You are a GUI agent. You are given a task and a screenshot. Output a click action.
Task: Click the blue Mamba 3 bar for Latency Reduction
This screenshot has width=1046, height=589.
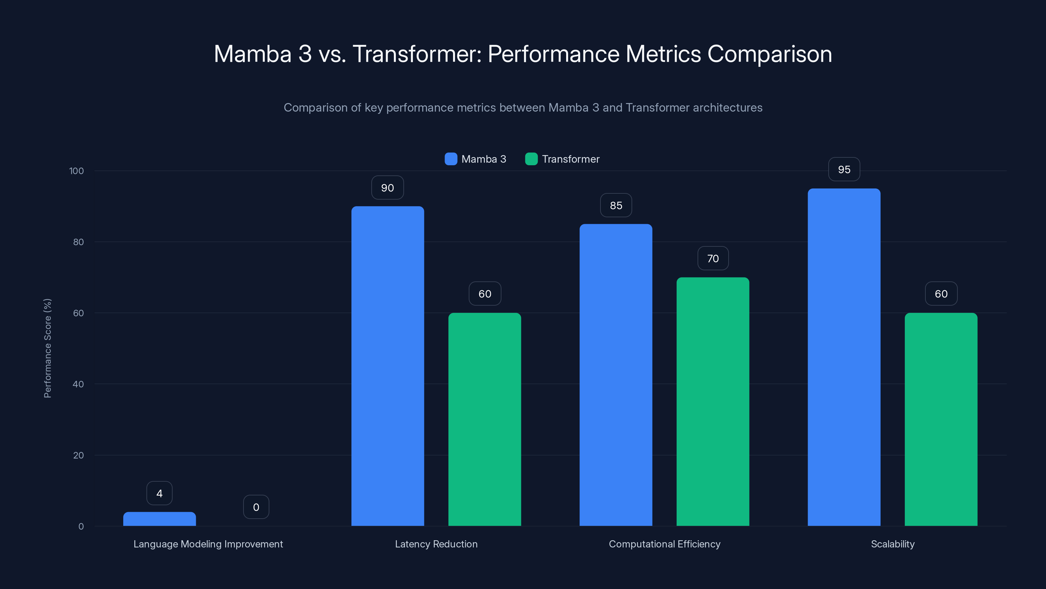387,366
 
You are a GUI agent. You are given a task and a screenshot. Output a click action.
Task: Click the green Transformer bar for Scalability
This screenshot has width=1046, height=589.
941,419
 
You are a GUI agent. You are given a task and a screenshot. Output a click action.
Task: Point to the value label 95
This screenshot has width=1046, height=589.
844,170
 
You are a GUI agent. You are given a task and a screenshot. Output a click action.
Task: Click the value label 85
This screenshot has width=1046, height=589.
616,206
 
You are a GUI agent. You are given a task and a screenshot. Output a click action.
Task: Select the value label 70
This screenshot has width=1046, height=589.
713,259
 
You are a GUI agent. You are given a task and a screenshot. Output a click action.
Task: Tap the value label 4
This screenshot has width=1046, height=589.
160,493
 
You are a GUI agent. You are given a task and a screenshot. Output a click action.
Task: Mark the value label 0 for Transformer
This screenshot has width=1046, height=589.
256,507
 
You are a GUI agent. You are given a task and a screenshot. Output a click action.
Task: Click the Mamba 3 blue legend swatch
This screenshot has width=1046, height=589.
451,159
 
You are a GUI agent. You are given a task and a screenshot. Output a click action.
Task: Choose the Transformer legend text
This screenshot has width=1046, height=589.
570,159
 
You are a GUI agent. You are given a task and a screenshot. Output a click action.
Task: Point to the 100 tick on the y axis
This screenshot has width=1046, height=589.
77,171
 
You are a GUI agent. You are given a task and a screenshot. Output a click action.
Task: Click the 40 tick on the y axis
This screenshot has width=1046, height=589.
78,384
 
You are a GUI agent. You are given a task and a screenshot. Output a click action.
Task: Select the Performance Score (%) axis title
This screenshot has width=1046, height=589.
47,348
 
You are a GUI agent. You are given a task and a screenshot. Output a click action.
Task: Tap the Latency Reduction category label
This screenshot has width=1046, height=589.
436,544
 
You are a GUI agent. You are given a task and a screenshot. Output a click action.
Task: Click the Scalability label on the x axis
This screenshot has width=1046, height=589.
892,544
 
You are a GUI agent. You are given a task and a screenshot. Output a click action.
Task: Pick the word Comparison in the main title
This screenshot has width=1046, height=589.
769,54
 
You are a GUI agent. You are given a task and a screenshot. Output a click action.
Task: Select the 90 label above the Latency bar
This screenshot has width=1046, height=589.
387,188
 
